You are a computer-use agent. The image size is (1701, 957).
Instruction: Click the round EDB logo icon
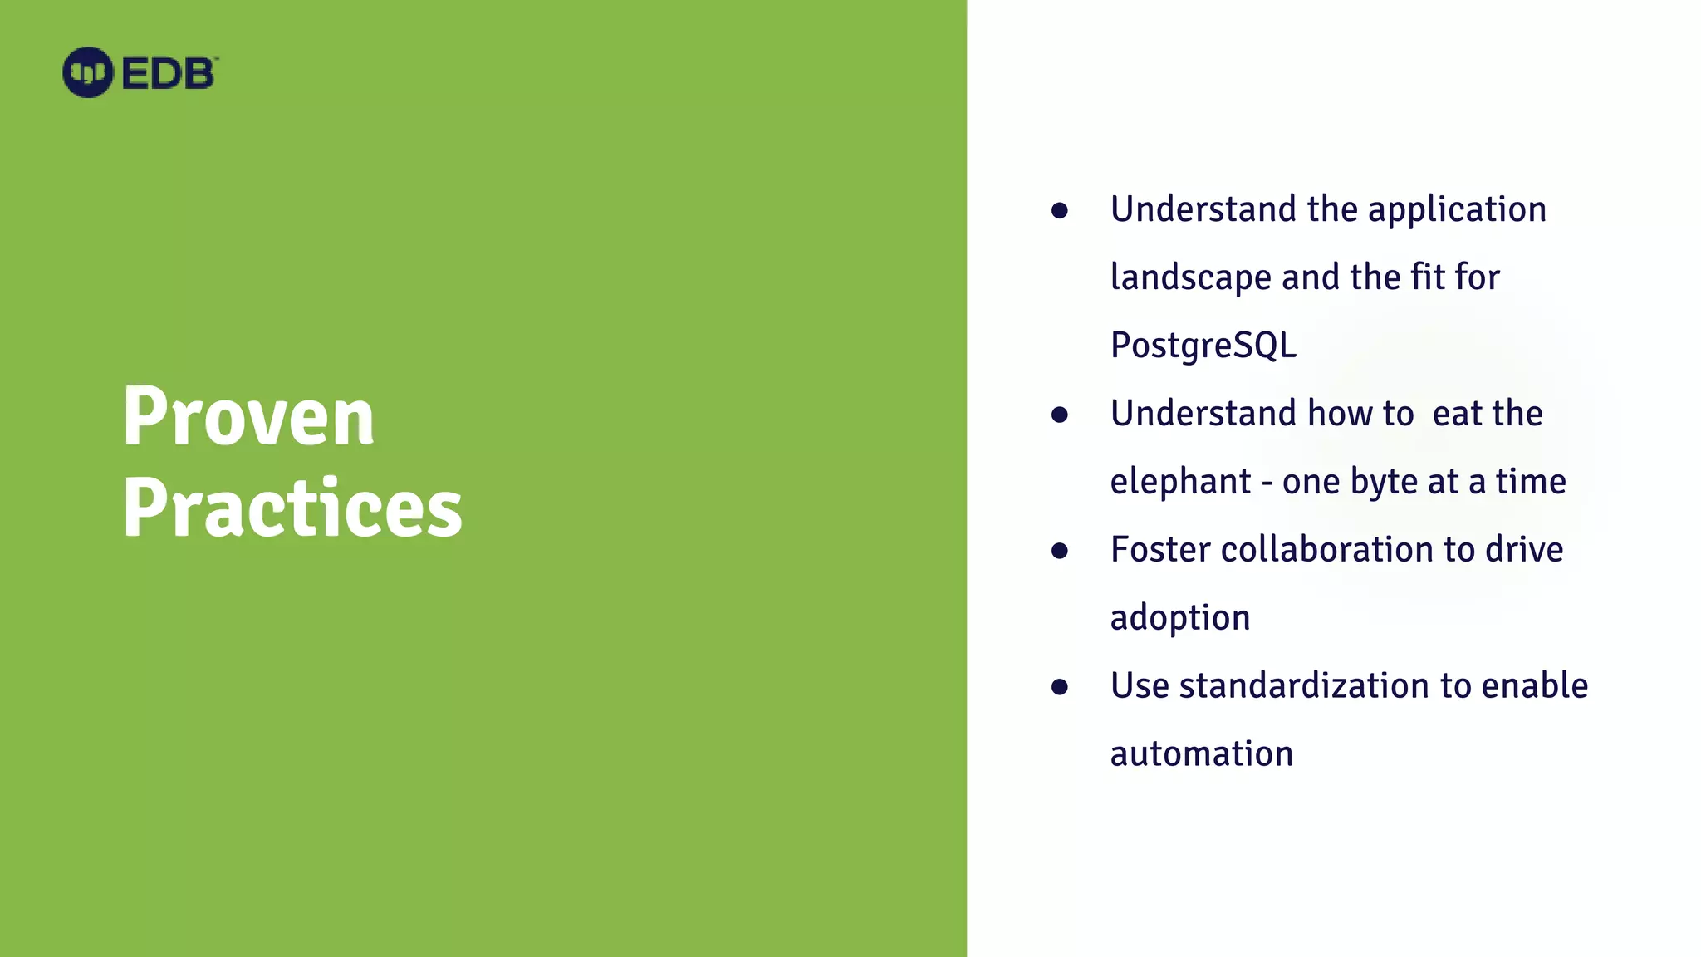tap(87, 72)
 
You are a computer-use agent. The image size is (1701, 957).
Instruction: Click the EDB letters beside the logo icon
tap(169, 74)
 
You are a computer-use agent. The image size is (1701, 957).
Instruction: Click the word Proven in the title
tap(248, 416)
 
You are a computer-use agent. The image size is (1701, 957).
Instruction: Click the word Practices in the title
tap(292, 508)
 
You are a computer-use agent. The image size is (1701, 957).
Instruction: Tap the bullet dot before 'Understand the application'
tap(1059, 210)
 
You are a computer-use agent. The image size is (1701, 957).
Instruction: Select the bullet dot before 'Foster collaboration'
tap(1059, 551)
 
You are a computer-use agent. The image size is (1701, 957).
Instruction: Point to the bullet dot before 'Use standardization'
tap(1059, 687)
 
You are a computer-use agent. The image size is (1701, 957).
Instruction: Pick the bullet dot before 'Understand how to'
tap(1059, 415)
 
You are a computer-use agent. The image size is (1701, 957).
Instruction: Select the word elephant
tap(1180, 482)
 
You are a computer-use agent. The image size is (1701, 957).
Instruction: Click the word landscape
tap(1190, 277)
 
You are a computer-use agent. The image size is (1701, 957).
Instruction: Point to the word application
tap(1457, 209)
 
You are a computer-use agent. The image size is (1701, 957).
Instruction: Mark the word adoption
tap(1179, 618)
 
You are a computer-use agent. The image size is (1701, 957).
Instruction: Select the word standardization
tap(1304, 686)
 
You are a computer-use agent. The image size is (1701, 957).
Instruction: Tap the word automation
tap(1201, 754)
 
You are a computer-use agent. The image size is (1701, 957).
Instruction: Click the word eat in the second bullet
tap(1457, 414)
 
